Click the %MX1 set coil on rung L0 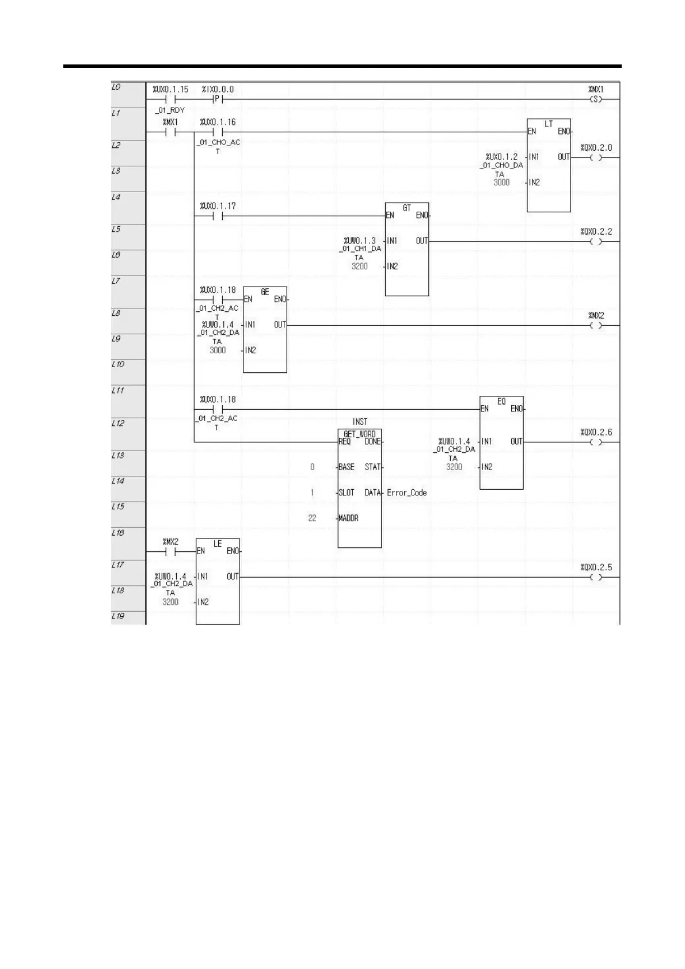point(596,100)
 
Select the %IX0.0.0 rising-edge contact point(217,100)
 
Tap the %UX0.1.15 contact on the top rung point(170,100)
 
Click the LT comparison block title point(549,124)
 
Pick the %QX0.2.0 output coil point(596,158)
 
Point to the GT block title point(407,208)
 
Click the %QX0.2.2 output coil point(596,242)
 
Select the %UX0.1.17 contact point(217,216)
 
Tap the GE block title point(265,292)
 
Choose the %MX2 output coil point(596,326)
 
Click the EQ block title point(501,401)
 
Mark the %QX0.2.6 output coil point(596,442)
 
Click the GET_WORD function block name point(359,434)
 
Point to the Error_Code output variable point(406,493)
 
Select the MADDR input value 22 point(312,518)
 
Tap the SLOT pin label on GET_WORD point(347,493)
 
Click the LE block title point(218,543)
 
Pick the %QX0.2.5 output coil point(596,578)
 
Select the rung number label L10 point(117,364)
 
